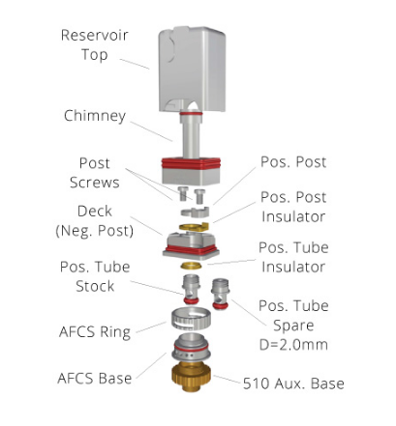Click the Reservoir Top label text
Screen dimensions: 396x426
click(95, 44)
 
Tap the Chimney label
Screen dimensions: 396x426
click(95, 116)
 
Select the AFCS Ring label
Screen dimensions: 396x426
click(95, 332)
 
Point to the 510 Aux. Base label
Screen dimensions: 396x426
click(293, 383)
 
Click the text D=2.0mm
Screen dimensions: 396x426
click(293, 345)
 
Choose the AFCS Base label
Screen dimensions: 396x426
click(95, 379)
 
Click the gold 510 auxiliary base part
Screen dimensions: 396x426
click(191, 377)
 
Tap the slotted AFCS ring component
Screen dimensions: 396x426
click(191, 319)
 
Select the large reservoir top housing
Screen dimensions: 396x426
click(192, 70)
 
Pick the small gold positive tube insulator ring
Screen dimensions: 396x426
click(191, 266)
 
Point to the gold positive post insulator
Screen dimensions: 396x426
click(194, 227)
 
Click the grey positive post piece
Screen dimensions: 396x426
click(195, 212)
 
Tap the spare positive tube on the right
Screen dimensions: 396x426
click(221, 295)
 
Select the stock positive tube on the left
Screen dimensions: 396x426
click(192, 290)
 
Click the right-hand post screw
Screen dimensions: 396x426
click(199, 195)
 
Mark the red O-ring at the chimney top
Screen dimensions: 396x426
click(191, 113)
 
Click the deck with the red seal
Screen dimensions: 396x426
click(191, 244)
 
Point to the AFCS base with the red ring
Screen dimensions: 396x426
click(191, 347)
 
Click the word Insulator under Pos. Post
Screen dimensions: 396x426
click(293, 216)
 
